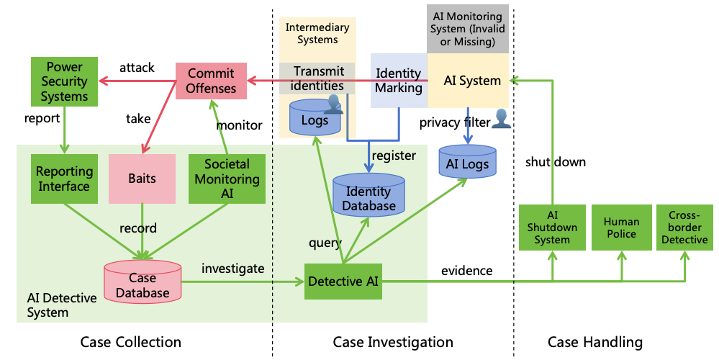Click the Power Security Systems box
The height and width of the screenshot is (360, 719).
(x=64, y=81)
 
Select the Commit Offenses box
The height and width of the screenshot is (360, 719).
(x=212, y=81)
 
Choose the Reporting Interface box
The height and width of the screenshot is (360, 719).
(x=64, y=179)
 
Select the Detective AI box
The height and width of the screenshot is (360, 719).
(x=343, y=282)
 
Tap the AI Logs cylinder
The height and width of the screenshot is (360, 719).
(x=467, y=163)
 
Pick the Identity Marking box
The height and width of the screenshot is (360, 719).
(x=399, y=81)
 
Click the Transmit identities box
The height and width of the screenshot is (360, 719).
(x=317, y=78)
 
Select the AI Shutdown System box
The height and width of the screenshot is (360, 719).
(x=552, y=228)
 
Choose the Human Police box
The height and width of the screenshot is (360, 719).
(x=620, y=228)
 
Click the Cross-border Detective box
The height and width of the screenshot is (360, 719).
(x=684, y=228)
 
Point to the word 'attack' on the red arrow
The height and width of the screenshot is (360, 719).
(x=137, y=68)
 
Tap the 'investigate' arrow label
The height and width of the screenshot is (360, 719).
(x=232, y=269)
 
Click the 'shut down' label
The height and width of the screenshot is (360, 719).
(x=555, y=162)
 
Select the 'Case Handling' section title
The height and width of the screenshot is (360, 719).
(x=594, y=342)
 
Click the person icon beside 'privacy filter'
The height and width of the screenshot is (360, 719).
(x=501, y=120)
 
